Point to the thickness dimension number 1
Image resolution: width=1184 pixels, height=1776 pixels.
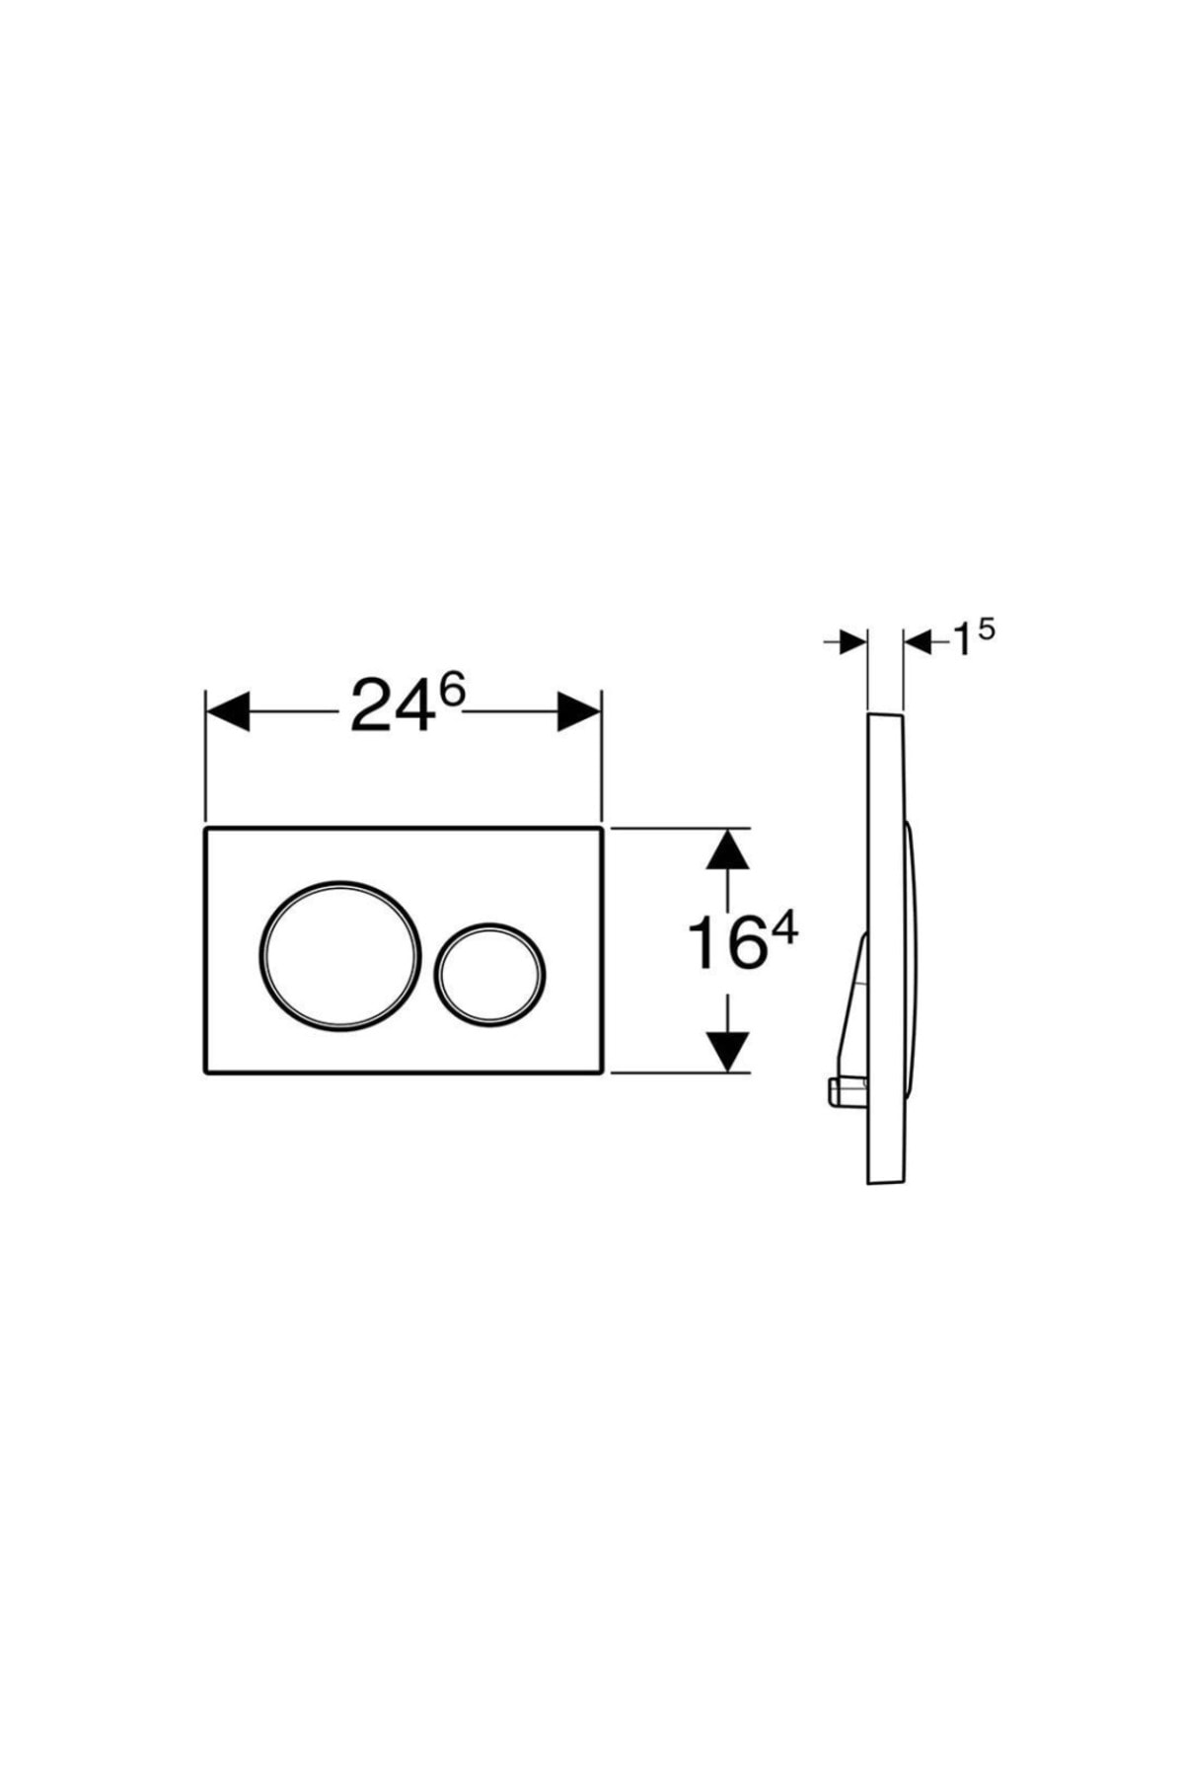[x=959, y=643]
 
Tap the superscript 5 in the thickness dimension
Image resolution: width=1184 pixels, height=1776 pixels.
[x=985, y=629]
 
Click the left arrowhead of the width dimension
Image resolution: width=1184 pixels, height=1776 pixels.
[x=226, y=710]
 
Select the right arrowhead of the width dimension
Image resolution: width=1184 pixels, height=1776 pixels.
[x=579, y=710]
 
